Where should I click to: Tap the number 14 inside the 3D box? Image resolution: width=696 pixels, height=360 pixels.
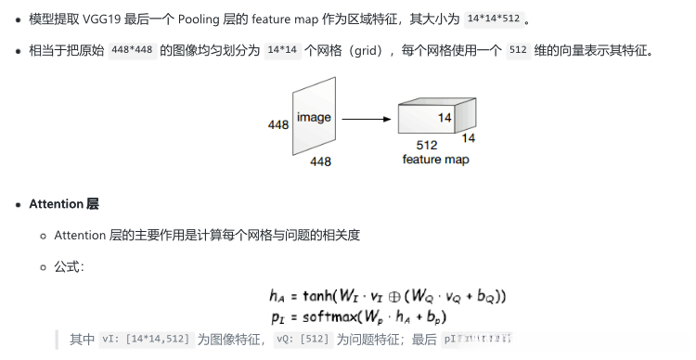[x=444, y=117]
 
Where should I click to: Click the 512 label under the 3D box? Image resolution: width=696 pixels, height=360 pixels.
[x=427, y=146]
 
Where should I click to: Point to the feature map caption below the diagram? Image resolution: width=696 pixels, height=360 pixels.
[x=435, y=160]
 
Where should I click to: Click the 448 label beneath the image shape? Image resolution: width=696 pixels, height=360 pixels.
[x=320, y=161]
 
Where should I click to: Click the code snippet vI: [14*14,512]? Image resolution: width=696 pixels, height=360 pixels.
[x=146, y=340]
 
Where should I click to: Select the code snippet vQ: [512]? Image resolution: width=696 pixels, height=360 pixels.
[x=303, y=340]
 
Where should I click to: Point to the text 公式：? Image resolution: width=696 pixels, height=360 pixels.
[x=71, y=266]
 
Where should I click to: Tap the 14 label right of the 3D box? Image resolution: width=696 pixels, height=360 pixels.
[x=468, y=138]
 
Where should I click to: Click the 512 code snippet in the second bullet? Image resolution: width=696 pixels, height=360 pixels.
[x=518, y=50]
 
